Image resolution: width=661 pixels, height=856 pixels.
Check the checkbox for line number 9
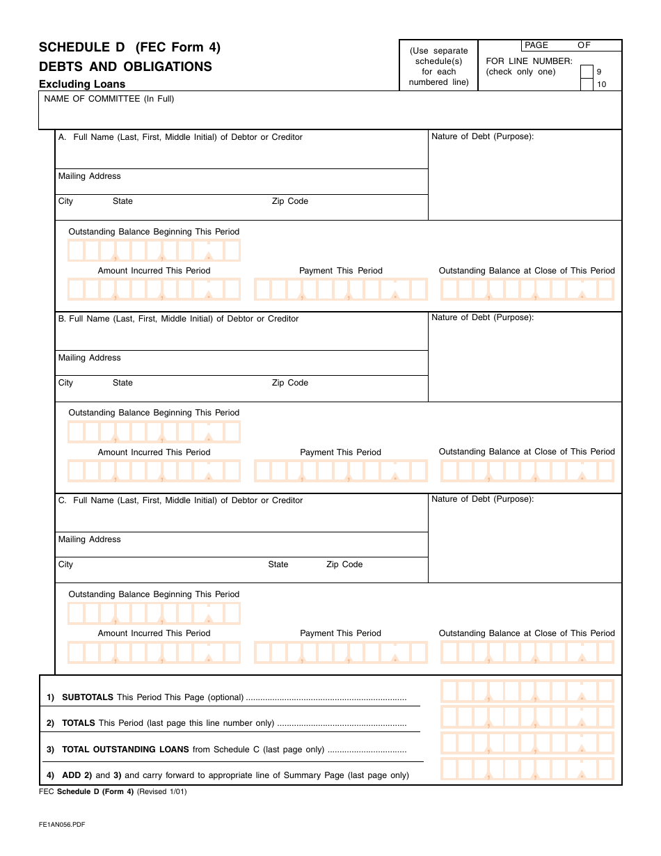tap(587, 72)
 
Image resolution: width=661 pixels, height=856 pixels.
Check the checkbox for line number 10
tap(587, 85)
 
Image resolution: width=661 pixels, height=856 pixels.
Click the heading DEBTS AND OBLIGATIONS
tap(125, 67)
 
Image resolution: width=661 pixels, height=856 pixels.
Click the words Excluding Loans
tap(82, 84)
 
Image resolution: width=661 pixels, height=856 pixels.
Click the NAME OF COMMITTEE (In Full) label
tap(109, 99)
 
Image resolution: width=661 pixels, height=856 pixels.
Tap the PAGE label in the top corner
tap(536, 45)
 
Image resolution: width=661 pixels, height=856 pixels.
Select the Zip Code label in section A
tap(289, 201)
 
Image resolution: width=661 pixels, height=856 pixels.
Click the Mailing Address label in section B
tap(90, 358)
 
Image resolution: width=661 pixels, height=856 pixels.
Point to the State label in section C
tap(278, 564)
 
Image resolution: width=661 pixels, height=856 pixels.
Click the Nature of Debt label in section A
tap(482, 136)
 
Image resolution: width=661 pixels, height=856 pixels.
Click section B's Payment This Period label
tap(340, 452)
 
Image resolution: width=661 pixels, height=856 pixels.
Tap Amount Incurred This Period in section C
tap(154, 633)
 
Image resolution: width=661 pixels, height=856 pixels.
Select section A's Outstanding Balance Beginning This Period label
tap(154, 232)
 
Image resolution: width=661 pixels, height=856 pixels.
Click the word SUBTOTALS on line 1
tap(88, 697)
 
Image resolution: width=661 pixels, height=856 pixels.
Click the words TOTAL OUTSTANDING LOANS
tap(125, 750)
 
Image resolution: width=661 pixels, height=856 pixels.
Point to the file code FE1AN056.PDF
tap(62, 825)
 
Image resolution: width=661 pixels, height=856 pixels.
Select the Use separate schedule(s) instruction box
tap(438, 66)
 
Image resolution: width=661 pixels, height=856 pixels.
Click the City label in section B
tap(65, 383)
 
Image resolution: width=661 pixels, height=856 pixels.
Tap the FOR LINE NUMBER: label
tap(529, 61)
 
